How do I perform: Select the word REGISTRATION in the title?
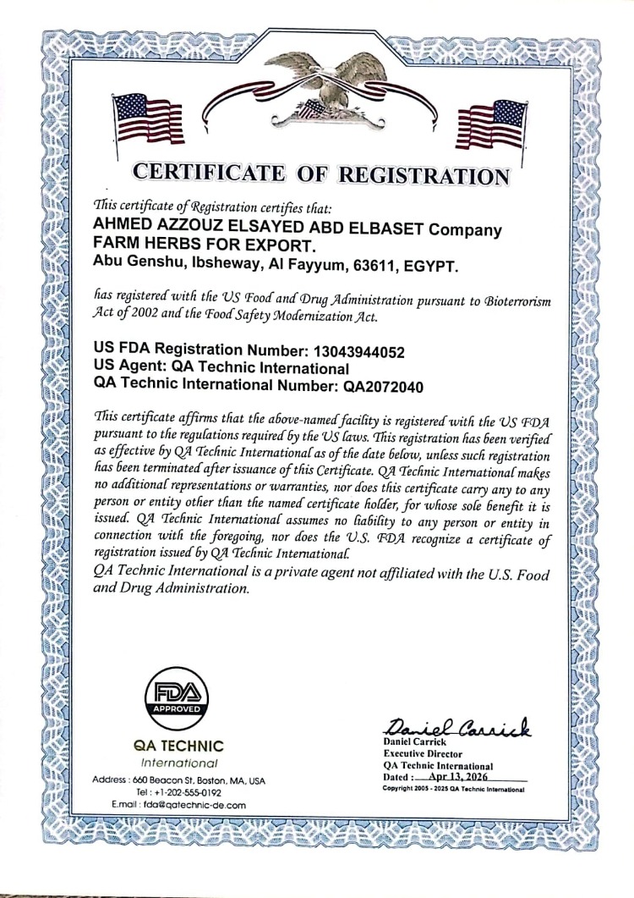(424, 175)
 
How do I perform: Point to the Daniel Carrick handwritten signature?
(456, 724)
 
